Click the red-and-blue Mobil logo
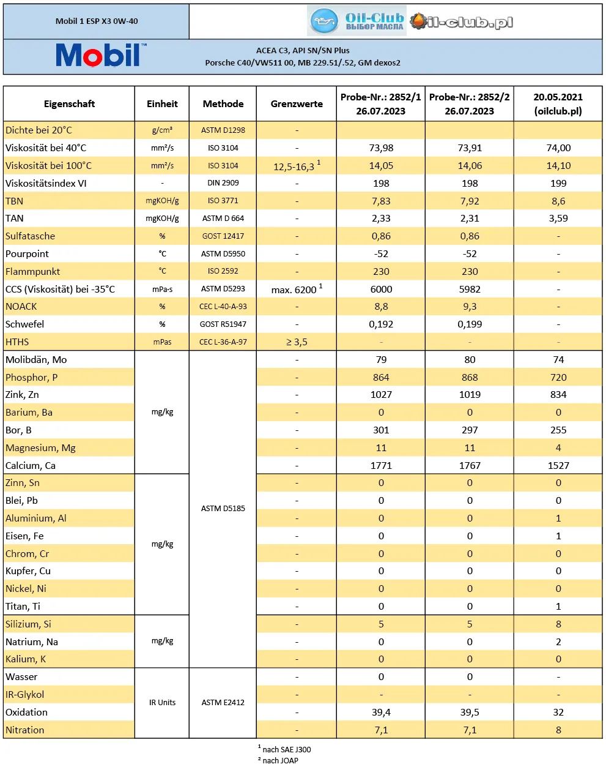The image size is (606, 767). coord(101,55)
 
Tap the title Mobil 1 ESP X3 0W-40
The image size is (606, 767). coord(97,21)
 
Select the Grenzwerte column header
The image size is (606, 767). coord(297,103)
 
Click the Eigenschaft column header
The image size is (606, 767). coord(70,103)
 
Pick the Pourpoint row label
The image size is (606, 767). coord(27,254)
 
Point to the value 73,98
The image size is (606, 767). coord(381,148)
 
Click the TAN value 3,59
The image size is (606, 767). coord(558,219)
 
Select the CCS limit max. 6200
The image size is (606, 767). coord(297,289)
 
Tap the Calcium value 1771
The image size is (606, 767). coord(381,465)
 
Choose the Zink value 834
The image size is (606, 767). coord(558,395)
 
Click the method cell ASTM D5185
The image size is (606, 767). coord(223,508)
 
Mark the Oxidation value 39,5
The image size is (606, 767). coord(470,712)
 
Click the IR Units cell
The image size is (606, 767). coord(162,703)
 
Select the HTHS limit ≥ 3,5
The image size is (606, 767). coord(297,342)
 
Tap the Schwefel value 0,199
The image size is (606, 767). coord(470,324)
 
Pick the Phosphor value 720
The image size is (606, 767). coord(558,378)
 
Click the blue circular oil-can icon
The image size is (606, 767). coord(324,21)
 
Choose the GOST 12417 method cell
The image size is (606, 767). coord(223,236)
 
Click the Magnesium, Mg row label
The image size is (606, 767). coord(40,448)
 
